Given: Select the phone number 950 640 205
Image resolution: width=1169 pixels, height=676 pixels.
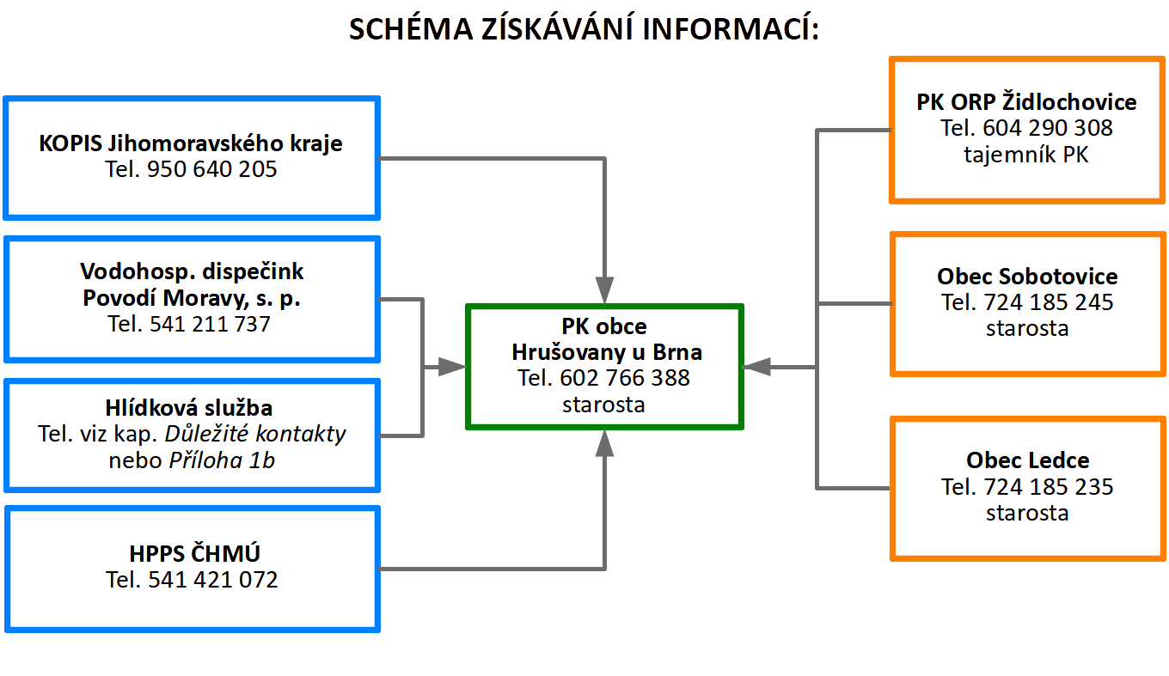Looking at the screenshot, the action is click(211, 169).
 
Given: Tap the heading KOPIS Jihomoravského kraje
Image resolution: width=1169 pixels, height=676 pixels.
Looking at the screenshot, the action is click(191, 143).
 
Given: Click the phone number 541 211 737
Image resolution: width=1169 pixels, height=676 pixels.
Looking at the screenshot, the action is click(211, 324).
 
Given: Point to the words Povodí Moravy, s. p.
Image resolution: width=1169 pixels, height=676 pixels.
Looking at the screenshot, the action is click(192, 298).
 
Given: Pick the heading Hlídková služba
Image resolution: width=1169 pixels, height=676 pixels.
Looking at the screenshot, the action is click(189, 407).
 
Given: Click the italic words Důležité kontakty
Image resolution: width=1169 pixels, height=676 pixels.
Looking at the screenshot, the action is click(255, 434).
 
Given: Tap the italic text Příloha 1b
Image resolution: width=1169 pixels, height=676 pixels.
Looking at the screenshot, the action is click(222, 460).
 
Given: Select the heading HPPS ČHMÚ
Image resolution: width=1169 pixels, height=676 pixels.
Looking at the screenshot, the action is click(194, 553).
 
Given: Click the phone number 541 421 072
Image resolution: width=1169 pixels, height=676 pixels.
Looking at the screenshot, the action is click(213, 580).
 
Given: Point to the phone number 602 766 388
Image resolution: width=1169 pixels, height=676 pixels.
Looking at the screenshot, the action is click(625, 378).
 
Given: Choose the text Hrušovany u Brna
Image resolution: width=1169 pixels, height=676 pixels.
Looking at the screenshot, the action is click(607, 353).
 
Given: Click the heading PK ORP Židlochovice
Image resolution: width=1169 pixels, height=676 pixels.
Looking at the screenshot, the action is click(1026, 101).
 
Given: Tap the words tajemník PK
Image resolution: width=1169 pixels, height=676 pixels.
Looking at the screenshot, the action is click(1026, 155).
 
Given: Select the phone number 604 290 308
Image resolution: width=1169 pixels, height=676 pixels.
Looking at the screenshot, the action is click(1048, 128).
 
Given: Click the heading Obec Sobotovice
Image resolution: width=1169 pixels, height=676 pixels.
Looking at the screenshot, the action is click(1027, 276).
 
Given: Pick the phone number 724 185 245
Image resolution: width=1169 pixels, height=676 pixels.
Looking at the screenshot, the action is click(1049, 302).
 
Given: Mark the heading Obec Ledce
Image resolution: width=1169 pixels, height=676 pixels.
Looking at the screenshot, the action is click(1028, 460).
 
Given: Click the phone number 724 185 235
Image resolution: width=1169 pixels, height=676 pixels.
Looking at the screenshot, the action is click(1049, 487).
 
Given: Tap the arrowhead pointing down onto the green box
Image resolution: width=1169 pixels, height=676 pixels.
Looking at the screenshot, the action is click(604, 290).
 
